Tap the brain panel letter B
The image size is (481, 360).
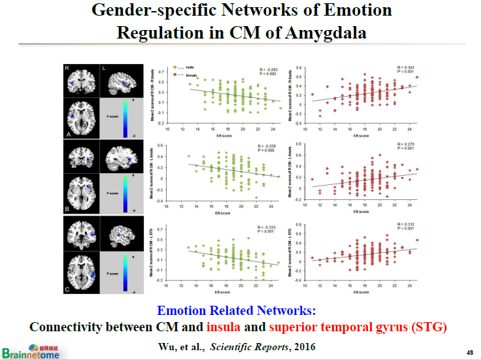(x=67, y=211)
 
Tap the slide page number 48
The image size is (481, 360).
(x=469, y=353)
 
